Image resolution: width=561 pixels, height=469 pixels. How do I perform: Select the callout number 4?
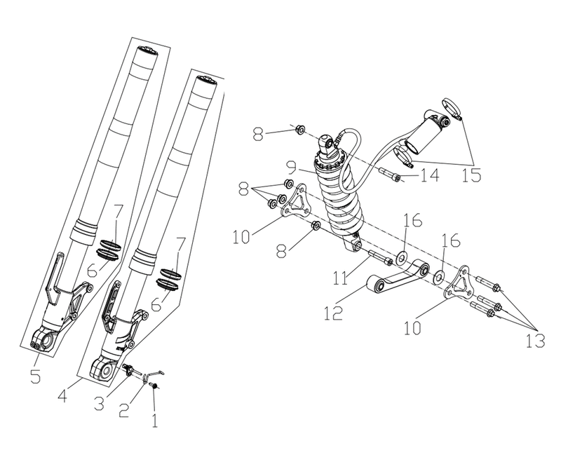(x=63, y=395)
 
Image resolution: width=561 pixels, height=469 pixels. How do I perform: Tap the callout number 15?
(x=471, y=175)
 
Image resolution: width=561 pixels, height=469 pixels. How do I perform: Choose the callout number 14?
(x=429, y=175)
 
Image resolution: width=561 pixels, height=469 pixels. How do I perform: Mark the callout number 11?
(x=340, y=278)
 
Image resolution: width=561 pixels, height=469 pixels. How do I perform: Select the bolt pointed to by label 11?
(x=379, y=257)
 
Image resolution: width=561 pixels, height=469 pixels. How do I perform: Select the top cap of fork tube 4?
(x=205, y=81)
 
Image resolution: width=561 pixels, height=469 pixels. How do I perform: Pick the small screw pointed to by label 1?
(x=154, y=386)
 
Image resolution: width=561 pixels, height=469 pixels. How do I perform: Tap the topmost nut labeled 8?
(x=300, y=129)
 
